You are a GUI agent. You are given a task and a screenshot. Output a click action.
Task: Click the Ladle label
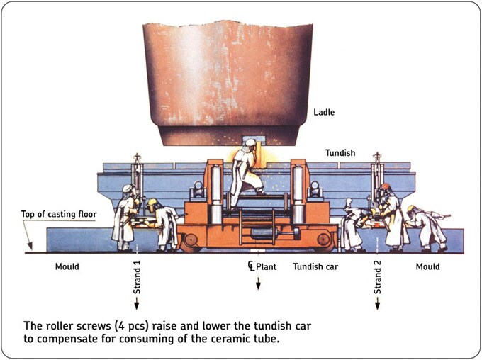pos(325,112)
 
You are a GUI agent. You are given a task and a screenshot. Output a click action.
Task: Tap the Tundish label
pos(341,152)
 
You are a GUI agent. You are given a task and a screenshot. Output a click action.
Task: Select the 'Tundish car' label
pos(318,267)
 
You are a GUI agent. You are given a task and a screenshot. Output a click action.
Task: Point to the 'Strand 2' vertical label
pos(378,276)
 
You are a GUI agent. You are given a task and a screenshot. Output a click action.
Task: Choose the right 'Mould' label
pos(428,267)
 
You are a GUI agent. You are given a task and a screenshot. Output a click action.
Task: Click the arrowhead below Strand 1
pos(138,305)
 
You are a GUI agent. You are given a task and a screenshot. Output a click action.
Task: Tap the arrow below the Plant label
pos(258,285)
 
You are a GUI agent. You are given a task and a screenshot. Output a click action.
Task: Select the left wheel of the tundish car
pos(191,242)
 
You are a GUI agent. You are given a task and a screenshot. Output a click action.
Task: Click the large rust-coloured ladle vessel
pos(227,78)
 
